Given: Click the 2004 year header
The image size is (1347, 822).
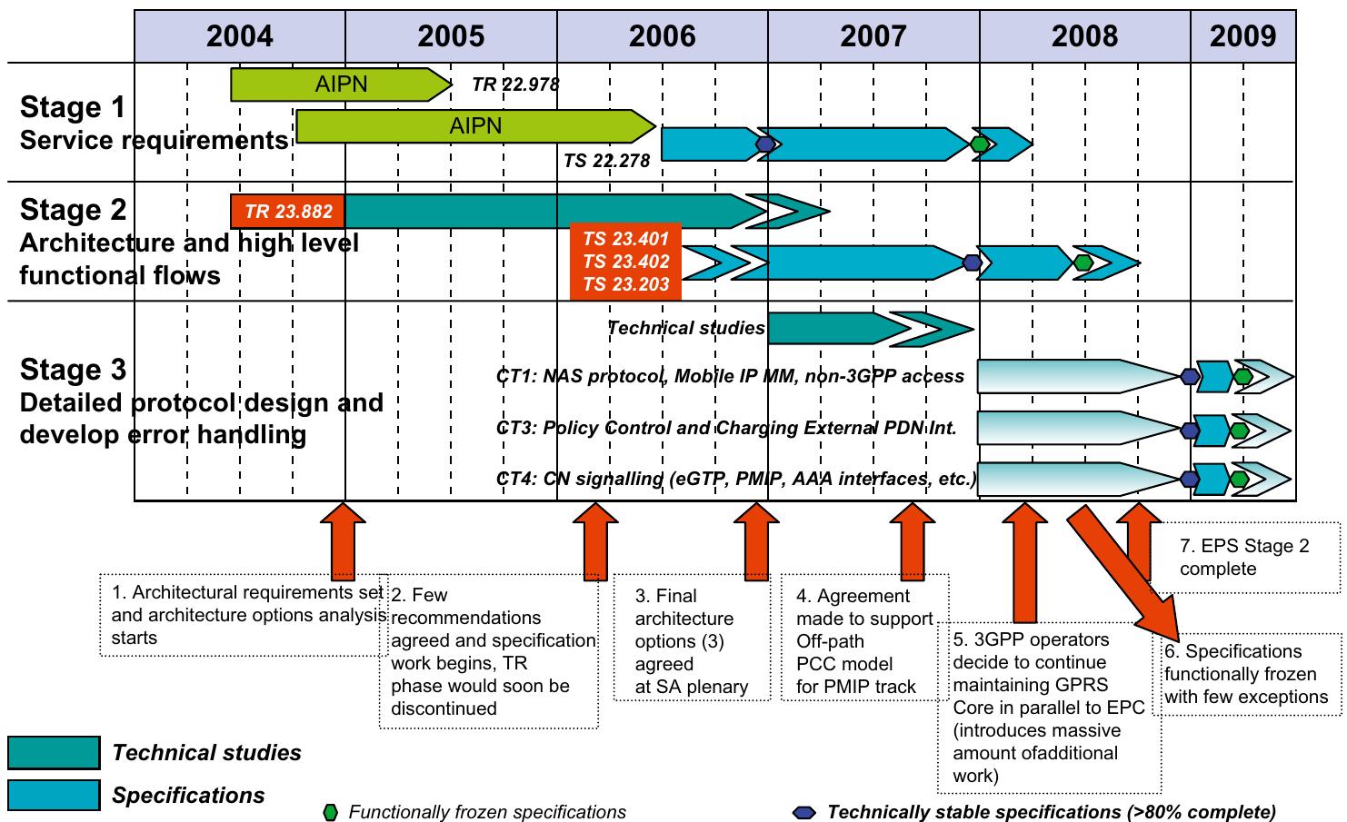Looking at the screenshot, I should pyautogui.click(x=239, y=35).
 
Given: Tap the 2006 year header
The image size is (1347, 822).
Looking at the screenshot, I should pyautogui.click(x=662, y=35).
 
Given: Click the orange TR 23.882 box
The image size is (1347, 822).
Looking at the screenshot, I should pyautogui.click(x=288, y=212).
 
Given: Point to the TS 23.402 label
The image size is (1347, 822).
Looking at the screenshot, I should pyautogui.click(x=625, y=262).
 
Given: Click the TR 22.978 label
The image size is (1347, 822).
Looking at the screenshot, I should pyautogui.click(x=515, y=84).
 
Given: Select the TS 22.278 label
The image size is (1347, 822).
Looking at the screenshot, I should pyautogui.click(x=606, y=161).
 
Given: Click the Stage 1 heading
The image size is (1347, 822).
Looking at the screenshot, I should pyautogui.click(x=73, y=107).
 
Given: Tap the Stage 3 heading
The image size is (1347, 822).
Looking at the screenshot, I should pyautogui.click(x=73, y=370).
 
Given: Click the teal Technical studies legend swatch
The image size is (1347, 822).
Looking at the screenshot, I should pyautogui.click(x=54, y=753).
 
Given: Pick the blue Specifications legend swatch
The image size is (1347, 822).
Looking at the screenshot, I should pyautogui.click(x=54, y=796).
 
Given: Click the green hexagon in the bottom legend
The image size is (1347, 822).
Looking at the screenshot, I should pyautogui.click(x=331, y=812).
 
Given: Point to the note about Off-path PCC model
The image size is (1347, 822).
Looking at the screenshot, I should pyautogui.click(x=863, y=640).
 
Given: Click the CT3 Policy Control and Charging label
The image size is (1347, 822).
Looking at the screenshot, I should pyautogui.click(x=726, y=427).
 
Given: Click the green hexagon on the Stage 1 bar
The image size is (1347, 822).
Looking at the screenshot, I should pyautogui.click(x=979, y=144).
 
